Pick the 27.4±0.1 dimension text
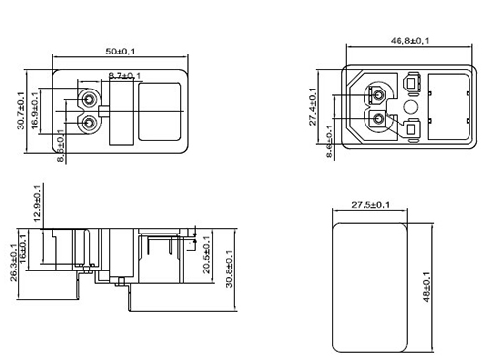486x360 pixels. tap(313, 106)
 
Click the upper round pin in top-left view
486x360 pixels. tap(89, 100)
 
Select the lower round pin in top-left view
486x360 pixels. tap(89, 123)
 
